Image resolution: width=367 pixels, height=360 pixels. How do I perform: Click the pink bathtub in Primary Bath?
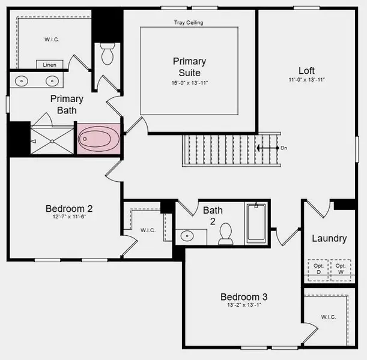99,139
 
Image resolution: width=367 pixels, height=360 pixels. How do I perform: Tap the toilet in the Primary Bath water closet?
108,55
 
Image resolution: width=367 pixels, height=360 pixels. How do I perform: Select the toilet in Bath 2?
226,234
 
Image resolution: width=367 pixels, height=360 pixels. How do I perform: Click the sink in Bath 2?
187,236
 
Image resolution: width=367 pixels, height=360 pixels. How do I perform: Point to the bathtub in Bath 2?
256,223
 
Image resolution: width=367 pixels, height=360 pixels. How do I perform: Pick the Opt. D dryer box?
318,268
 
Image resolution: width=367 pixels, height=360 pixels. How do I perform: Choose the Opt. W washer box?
340,268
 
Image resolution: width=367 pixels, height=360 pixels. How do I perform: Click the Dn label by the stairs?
284,147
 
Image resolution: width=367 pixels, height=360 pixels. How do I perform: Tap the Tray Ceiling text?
189,23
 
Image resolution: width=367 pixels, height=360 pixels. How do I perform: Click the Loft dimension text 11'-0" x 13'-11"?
306,80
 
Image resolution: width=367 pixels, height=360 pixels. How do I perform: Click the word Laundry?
329,238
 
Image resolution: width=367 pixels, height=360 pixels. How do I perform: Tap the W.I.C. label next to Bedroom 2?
148,230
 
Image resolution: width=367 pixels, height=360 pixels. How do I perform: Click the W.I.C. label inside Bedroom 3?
328,317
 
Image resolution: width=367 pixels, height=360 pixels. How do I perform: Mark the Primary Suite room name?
189,67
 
